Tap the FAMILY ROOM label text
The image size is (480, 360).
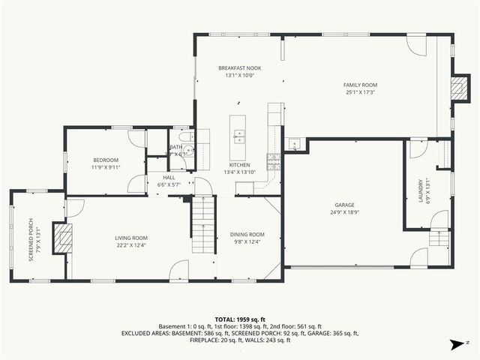coord(360,85)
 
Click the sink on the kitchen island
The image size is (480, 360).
coord(240,136)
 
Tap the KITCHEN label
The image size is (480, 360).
coord(239,164)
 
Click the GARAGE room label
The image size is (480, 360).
coord(345,205)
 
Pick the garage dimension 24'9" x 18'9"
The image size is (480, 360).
coord(345,212)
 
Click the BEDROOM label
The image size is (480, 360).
coord(105,160)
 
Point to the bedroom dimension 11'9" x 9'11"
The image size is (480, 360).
coord(105,167)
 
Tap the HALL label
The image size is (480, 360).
coord(169,178)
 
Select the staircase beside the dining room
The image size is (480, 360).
coord(203,225)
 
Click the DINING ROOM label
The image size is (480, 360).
coord(247,234)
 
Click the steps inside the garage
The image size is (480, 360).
coord(439,240)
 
